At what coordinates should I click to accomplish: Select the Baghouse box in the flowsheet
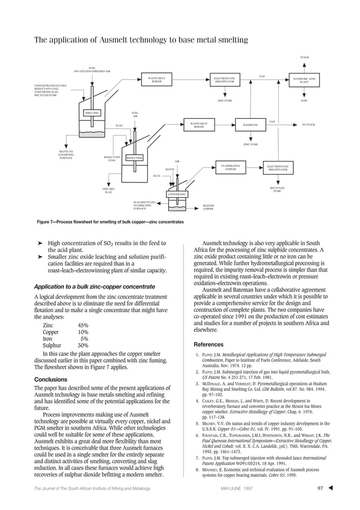[250, 125]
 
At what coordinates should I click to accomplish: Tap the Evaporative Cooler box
[230, 168]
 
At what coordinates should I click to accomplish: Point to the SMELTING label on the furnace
[92, 113]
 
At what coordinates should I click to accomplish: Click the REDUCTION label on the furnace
[134, 158]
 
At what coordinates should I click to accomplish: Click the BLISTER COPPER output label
[208, 208]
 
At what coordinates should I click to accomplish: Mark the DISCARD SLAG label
[108, 191]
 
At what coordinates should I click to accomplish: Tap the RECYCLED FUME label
[277, 189]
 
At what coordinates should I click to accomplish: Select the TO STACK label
[309, 124]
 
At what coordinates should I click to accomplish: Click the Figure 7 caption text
[110, 221]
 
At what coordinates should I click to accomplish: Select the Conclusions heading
[51, 380]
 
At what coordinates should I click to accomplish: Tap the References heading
[209, 345]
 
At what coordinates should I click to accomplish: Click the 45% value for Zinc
[83, 325]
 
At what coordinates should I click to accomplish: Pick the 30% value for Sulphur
[83, 346]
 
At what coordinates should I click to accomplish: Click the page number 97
[320, 488]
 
